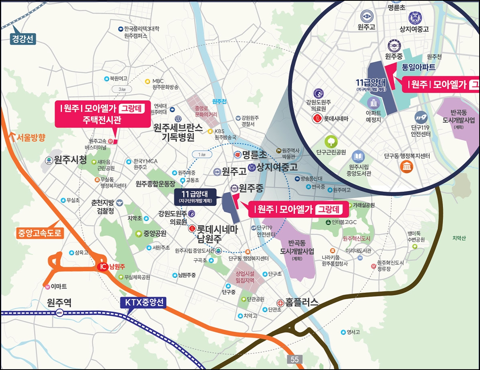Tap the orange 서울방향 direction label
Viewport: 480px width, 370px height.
click(x=31, y=138)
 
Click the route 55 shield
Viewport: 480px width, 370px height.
click(x=295, y=359)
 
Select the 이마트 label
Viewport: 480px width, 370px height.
click(x=58, y=286)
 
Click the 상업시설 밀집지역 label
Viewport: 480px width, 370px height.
click(x=245, y=277)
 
